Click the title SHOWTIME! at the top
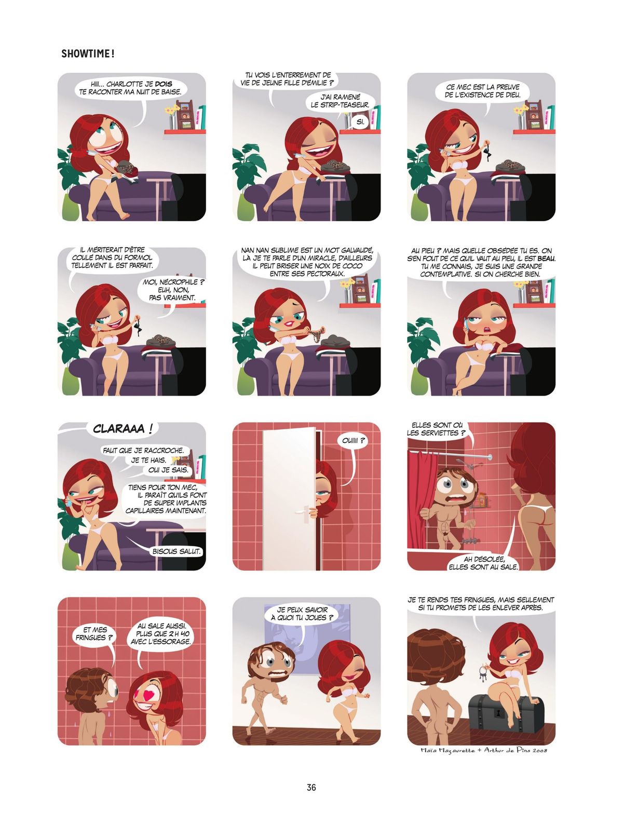(x=88, y=54)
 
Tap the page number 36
(x=311, y=787)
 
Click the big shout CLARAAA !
(x=123, y=429)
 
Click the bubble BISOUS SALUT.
(x=177, y=551)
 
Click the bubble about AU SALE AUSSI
(x=160, y=634)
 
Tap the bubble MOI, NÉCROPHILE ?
(x=173, y=290)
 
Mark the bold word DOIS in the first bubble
(x=164, y=84)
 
